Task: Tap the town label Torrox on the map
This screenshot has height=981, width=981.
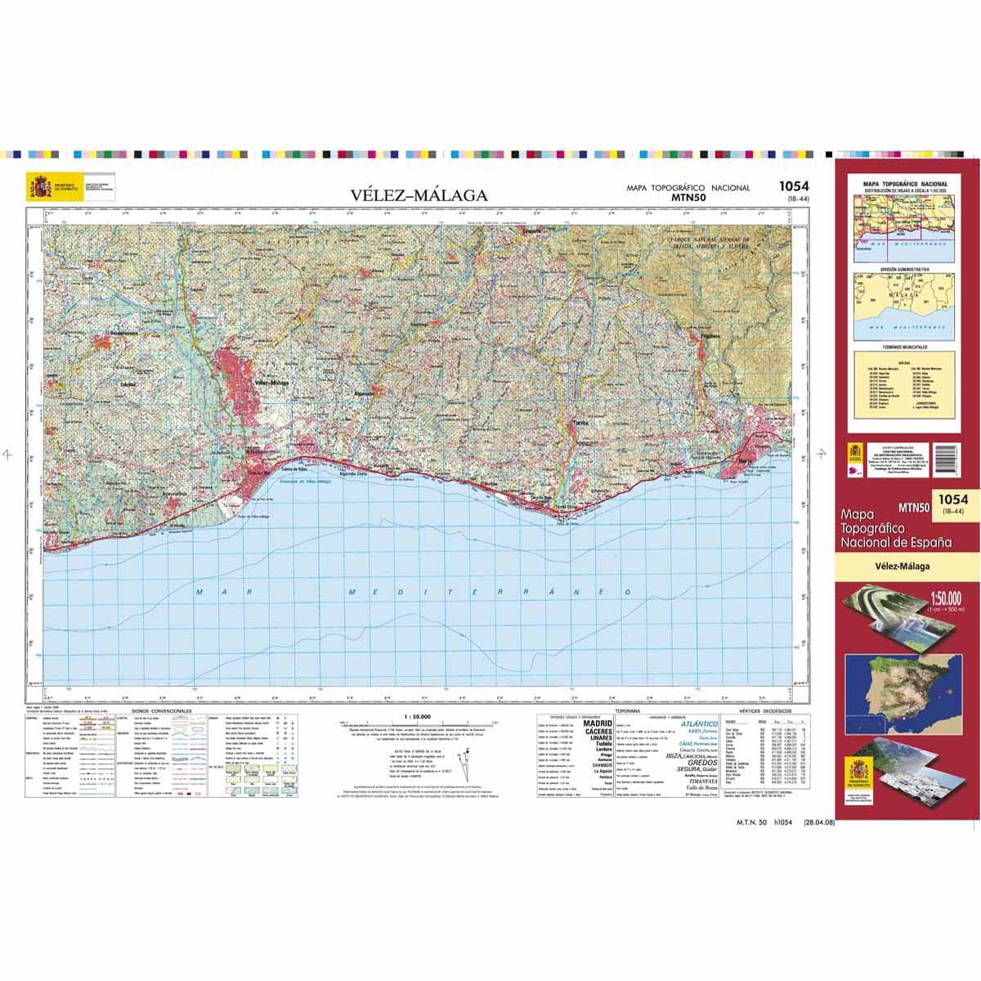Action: tap(580, 424)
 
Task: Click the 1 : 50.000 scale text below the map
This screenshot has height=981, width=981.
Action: tap(419, 717)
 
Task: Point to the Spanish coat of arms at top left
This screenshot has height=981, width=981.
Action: tap(38, 186)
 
